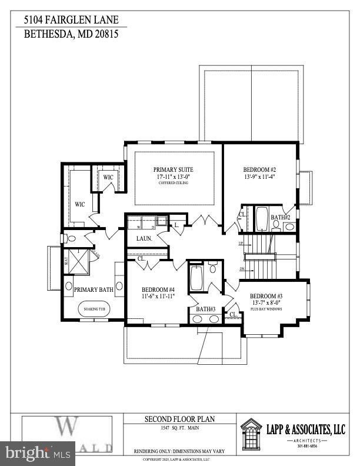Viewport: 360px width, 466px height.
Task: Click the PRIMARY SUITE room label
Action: coord(173,169)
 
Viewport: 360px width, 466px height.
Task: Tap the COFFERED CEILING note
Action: coord(173,183)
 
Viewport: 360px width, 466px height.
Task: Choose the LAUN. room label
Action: coord(144,238)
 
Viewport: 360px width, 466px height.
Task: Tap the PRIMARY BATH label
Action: coord(93,289)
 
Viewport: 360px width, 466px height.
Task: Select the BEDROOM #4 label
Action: coord(158,289)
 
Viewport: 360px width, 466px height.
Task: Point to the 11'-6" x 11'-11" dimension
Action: coord(158,297)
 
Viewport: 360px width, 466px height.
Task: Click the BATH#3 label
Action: coord(204,309)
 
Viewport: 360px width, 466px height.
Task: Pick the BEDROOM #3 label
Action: coord(266,296)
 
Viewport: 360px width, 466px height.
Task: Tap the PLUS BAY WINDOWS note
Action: coord(266,308)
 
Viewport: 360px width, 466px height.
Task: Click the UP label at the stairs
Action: coord(241,244)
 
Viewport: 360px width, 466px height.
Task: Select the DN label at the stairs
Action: coord(242,269)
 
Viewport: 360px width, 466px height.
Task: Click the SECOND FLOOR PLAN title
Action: coord(180,420)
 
